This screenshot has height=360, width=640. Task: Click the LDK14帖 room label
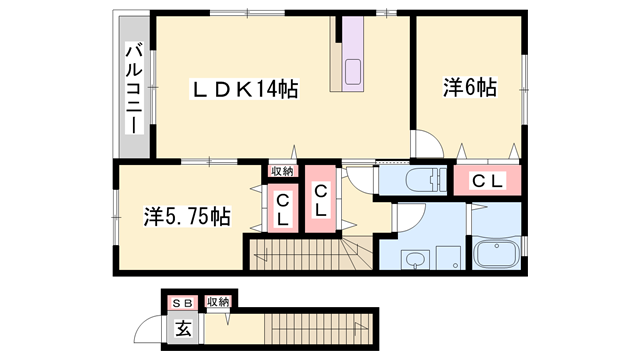pyautogui.click(x=245, y=89)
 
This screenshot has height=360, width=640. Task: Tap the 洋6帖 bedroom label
pyautogui.click(x=470, y=87)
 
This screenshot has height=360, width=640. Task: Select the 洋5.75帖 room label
pyautogui.click(x=187, y=216)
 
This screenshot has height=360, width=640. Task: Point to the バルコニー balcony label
pyautogui.click(x=134, y=89)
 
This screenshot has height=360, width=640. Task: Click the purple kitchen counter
pyautogui.click(x=353, y=54)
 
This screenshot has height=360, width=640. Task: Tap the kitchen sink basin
pyautogui.click(x=353, y=71)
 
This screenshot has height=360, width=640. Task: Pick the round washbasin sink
pyautogui.click(x=415, y=259)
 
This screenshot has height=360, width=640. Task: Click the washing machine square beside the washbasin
pyautogui.click(x=448, y=258)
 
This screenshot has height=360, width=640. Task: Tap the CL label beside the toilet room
pyautogui.click(x=487, y=181)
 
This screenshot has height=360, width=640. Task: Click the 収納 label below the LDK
pyautogui.click(x=282, y=171)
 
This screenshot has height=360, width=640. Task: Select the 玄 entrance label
pyautogui.click(x=183, y=329)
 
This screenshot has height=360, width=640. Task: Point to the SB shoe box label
pyautogui.click(x=182, y=303)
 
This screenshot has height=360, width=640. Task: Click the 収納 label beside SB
pyautogui.click(x=218, y=302)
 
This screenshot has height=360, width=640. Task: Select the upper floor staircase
pyautogui.click(x=311, y=253)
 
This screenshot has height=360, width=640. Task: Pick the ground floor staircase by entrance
pyautogui.click(x=318, y=329)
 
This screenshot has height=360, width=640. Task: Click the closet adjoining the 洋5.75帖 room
pyautogui.click(x=283, y=208)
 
